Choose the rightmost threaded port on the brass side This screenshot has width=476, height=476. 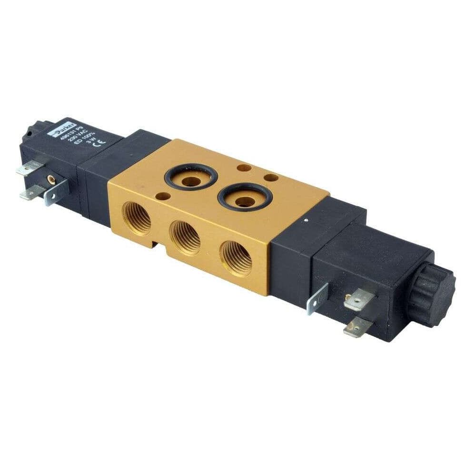pyautogui.click(x=237, y=258)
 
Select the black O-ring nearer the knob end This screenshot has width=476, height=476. pyautogui.click(x=245, y=197)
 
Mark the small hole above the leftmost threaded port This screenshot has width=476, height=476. pyautogui.click(x=163, y=196)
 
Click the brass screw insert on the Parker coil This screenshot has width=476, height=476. pyautogui.click(x=50, y=179)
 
